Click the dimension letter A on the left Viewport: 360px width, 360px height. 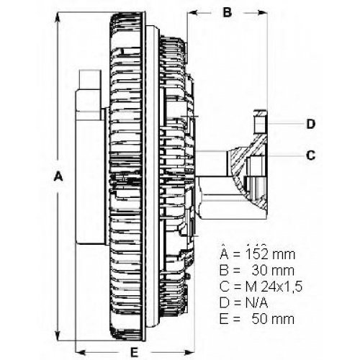(58, 176)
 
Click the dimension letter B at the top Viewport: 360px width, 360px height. (227, 12)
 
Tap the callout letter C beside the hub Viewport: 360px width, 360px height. (311, 156)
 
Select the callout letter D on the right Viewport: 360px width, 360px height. (311, 124)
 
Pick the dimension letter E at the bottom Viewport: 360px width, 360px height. (134, 353)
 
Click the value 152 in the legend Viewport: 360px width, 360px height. (256, 255)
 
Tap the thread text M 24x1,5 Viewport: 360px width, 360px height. (274, 287)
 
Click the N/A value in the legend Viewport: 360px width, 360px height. (256, 303)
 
